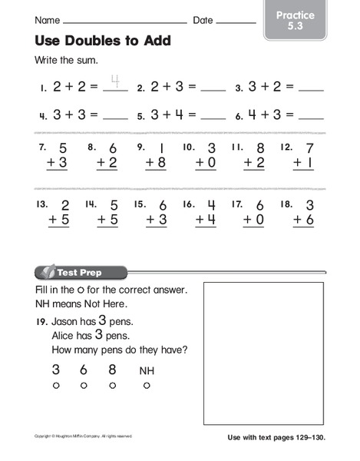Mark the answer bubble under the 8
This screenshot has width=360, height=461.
coord(113,385)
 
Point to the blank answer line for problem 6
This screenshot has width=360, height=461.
coord(311,119)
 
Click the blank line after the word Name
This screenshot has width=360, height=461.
coord(127,22)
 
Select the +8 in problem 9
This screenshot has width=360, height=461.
coord(151,163)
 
